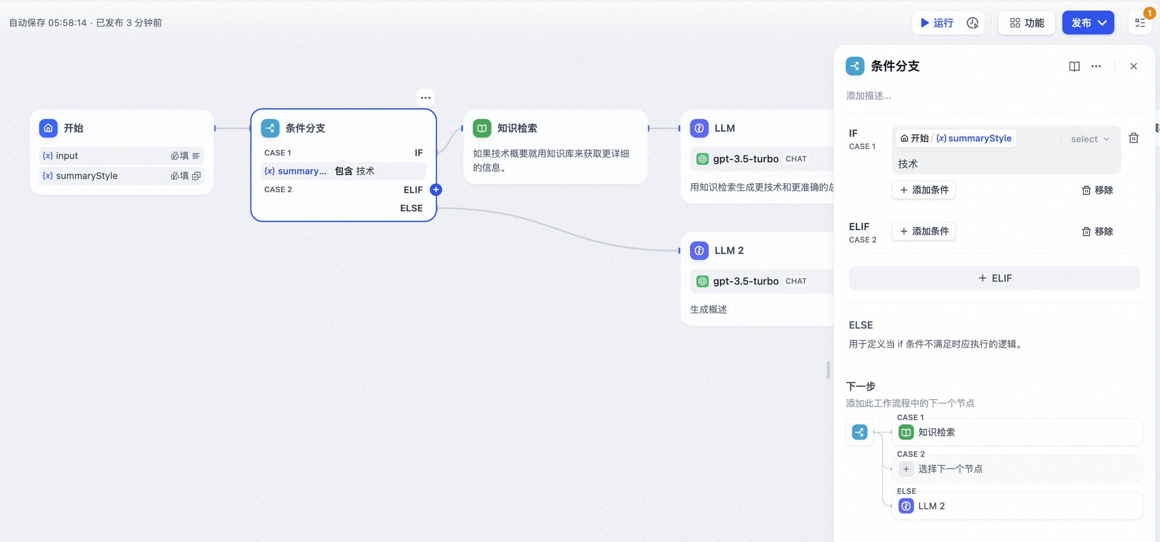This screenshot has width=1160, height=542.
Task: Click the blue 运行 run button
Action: coord(936,23)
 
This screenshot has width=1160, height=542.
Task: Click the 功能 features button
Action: coord(1027,23)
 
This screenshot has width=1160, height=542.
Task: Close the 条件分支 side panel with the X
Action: coord(1133,66)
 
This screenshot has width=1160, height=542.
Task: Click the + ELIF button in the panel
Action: coord(994,278)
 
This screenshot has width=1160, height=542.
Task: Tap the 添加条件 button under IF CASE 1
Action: coord(924,190)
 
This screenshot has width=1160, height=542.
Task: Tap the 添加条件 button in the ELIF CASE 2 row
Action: coord(924,231)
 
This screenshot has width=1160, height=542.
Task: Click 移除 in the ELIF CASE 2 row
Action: coord(1097,231)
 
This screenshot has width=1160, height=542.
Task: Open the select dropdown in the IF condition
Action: coord(1090,139)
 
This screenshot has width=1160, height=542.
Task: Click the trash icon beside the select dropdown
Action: coord(1134,138)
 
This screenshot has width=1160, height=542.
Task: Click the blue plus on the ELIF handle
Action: coord(436,189)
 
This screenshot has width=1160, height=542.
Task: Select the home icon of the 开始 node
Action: coord(48,128)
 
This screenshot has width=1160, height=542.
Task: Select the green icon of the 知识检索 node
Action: coord(482,128)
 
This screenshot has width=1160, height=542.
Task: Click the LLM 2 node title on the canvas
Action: coord(729,250)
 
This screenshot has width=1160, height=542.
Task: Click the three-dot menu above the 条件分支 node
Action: coord(425,98)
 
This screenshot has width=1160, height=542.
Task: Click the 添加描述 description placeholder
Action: coord(868,96)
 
